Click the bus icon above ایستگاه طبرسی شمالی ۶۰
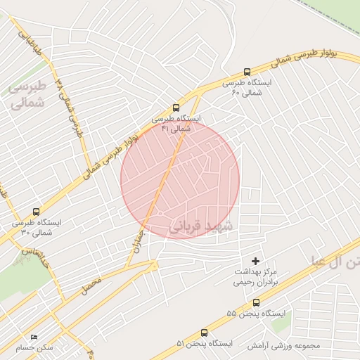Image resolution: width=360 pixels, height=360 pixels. coord(246,72)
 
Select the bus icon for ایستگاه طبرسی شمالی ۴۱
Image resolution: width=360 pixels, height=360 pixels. coord(176,108)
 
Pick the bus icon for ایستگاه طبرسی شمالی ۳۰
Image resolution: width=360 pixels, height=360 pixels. coord(36,211)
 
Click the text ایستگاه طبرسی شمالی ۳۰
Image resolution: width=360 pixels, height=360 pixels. coord(37,226)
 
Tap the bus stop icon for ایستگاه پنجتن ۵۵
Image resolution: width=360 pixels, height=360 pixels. coord(256,302)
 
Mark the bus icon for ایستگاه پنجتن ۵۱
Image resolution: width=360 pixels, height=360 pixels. coord(205,333)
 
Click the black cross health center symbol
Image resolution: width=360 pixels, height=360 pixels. coord(256,261)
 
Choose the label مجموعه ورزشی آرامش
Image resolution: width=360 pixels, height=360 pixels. coord(283,346)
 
